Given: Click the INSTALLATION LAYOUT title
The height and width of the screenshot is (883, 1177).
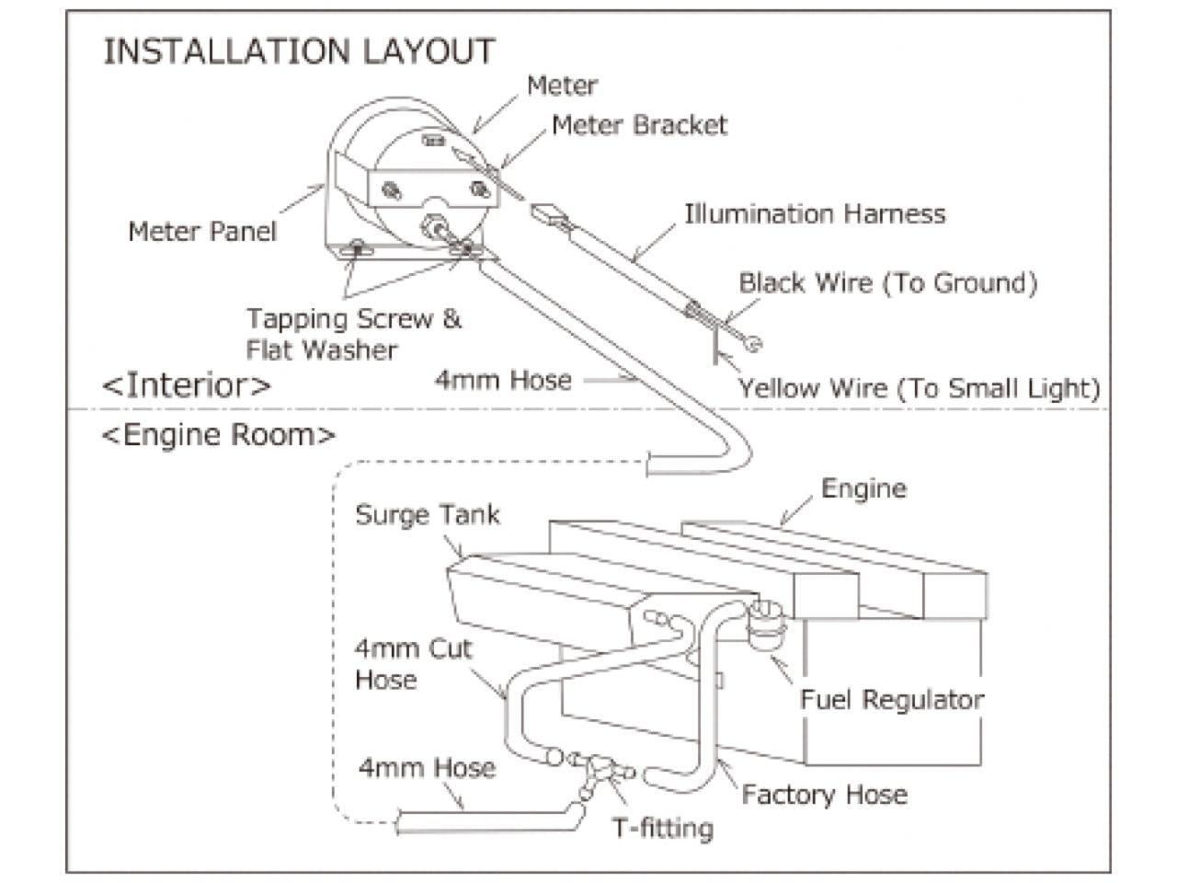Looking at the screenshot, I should (x=299, y=51).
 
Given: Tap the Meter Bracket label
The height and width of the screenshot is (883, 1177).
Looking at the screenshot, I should (x=639, y=125).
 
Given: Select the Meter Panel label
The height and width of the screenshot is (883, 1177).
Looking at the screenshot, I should (x=201, y=230).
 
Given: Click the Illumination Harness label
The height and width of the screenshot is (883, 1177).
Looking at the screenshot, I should (x=814, y=213).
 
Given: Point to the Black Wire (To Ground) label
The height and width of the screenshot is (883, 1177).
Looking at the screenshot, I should (x=887, y=282).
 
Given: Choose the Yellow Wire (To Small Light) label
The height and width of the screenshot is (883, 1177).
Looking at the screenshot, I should (x=920, y=387).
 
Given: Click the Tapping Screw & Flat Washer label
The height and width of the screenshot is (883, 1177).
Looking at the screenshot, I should (x=353, y=334).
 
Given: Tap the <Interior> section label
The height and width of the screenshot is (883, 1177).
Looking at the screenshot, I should (x=187, y=384).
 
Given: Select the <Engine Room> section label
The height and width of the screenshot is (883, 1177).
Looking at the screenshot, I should (x=219, y=434).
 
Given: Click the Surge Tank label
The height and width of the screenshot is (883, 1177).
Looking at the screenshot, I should (x=428, y=513).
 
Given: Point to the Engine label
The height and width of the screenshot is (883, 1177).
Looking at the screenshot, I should (x=863, y=487).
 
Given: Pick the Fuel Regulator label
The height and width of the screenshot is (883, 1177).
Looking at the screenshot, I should (x=891, y=699).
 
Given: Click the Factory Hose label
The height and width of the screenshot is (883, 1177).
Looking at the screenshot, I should (x=824, y=794).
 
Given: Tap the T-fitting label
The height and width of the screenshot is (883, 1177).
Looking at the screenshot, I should (x=663, y=828).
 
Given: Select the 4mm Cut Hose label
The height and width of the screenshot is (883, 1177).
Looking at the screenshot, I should (x=413, y=663).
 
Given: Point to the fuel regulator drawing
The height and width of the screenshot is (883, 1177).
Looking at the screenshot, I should (x=764, y=625).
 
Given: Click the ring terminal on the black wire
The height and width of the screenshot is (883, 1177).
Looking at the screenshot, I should (x=755, y=344).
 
